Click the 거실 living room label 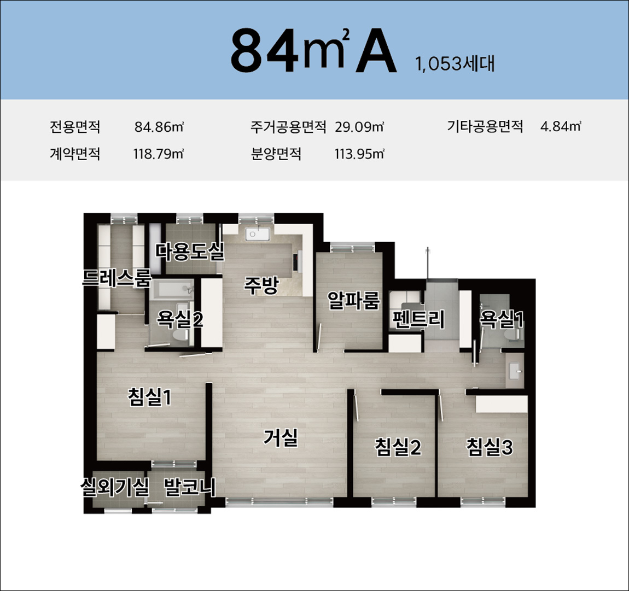281,437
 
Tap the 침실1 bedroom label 150,397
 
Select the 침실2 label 398,447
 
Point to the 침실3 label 490,447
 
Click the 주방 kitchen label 261,285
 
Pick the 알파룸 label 353,300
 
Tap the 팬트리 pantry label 418,320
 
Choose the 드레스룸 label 117,278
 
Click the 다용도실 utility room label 190,251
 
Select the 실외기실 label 115,487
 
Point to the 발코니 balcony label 189,487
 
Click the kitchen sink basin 257,234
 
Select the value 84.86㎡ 159,127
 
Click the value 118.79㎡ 159,154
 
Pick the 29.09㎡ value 359,127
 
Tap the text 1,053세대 455,64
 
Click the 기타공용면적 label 485,127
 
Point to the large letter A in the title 376,51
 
